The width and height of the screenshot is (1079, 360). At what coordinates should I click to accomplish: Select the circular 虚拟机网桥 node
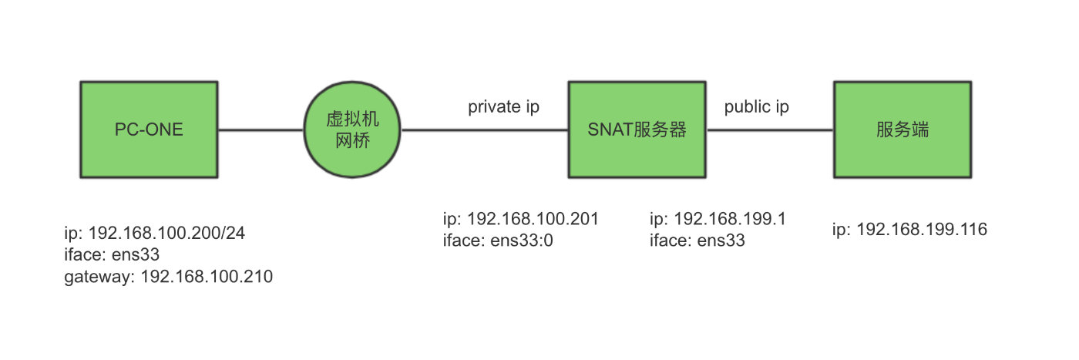coord(353,130)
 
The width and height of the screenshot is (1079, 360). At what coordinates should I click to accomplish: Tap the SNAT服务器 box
coord(637,130)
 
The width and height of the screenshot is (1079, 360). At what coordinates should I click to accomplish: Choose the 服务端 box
coord(903,130)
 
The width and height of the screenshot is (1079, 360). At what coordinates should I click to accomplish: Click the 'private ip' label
coord(503,107)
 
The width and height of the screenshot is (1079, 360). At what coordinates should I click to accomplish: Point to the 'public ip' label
coord(756,107)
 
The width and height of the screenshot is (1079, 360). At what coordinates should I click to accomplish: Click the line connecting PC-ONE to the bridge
coord(261,130)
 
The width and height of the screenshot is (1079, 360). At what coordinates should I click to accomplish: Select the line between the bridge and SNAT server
coord(485,130)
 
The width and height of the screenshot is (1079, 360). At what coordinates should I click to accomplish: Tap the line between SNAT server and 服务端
coord(770,130)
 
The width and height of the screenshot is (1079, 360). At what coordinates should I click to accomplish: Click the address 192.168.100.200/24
coord(167,232)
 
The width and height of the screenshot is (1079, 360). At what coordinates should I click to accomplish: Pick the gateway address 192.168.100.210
coord(206,277)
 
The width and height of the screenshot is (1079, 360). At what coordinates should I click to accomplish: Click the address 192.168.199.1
coord(728,219)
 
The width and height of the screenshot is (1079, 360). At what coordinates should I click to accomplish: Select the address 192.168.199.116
coord(922,230)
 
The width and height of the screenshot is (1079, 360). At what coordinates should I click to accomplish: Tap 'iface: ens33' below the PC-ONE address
coord(112,254)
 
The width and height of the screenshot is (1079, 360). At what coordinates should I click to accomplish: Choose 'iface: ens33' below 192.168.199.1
coord(697,241)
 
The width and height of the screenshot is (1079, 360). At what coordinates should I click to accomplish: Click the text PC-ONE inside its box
coord(149,130)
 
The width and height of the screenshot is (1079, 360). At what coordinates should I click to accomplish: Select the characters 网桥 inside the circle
coord(353,141)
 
